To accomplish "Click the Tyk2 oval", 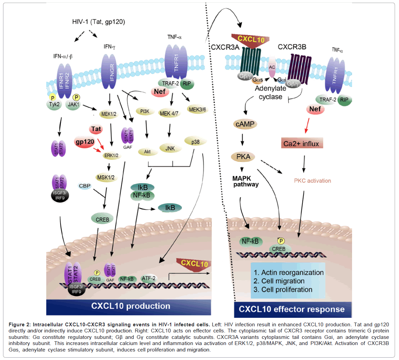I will click(x=54, y=104).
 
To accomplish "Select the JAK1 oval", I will click(x=73, y=104).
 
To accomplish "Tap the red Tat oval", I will click(x=96, y=129).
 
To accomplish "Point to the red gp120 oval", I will click(x=85, y=142).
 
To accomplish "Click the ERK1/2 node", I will click(x=111, y=156).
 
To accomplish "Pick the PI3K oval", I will click(x=145, y=111).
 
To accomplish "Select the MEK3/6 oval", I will click(x=197, y=109).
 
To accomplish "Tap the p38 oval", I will click(x=195, y=142).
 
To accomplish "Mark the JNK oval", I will click(x=170, y=149).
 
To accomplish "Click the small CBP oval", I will click(x=85, y=186).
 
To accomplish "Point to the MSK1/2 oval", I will click(x=106, y=177).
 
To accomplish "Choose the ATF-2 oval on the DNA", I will click(x=149, y=278).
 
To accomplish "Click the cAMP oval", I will click(x=245, y=124).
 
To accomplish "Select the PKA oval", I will click(x=243, y=157).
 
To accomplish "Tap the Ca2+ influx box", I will click(x=301, y=143).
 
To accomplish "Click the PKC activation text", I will click(x=312, y=181).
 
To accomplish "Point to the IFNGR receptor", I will click(x=112, y=71).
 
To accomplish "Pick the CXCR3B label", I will click(x=292, y=47).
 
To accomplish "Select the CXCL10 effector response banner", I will click(x=292, y=309).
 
